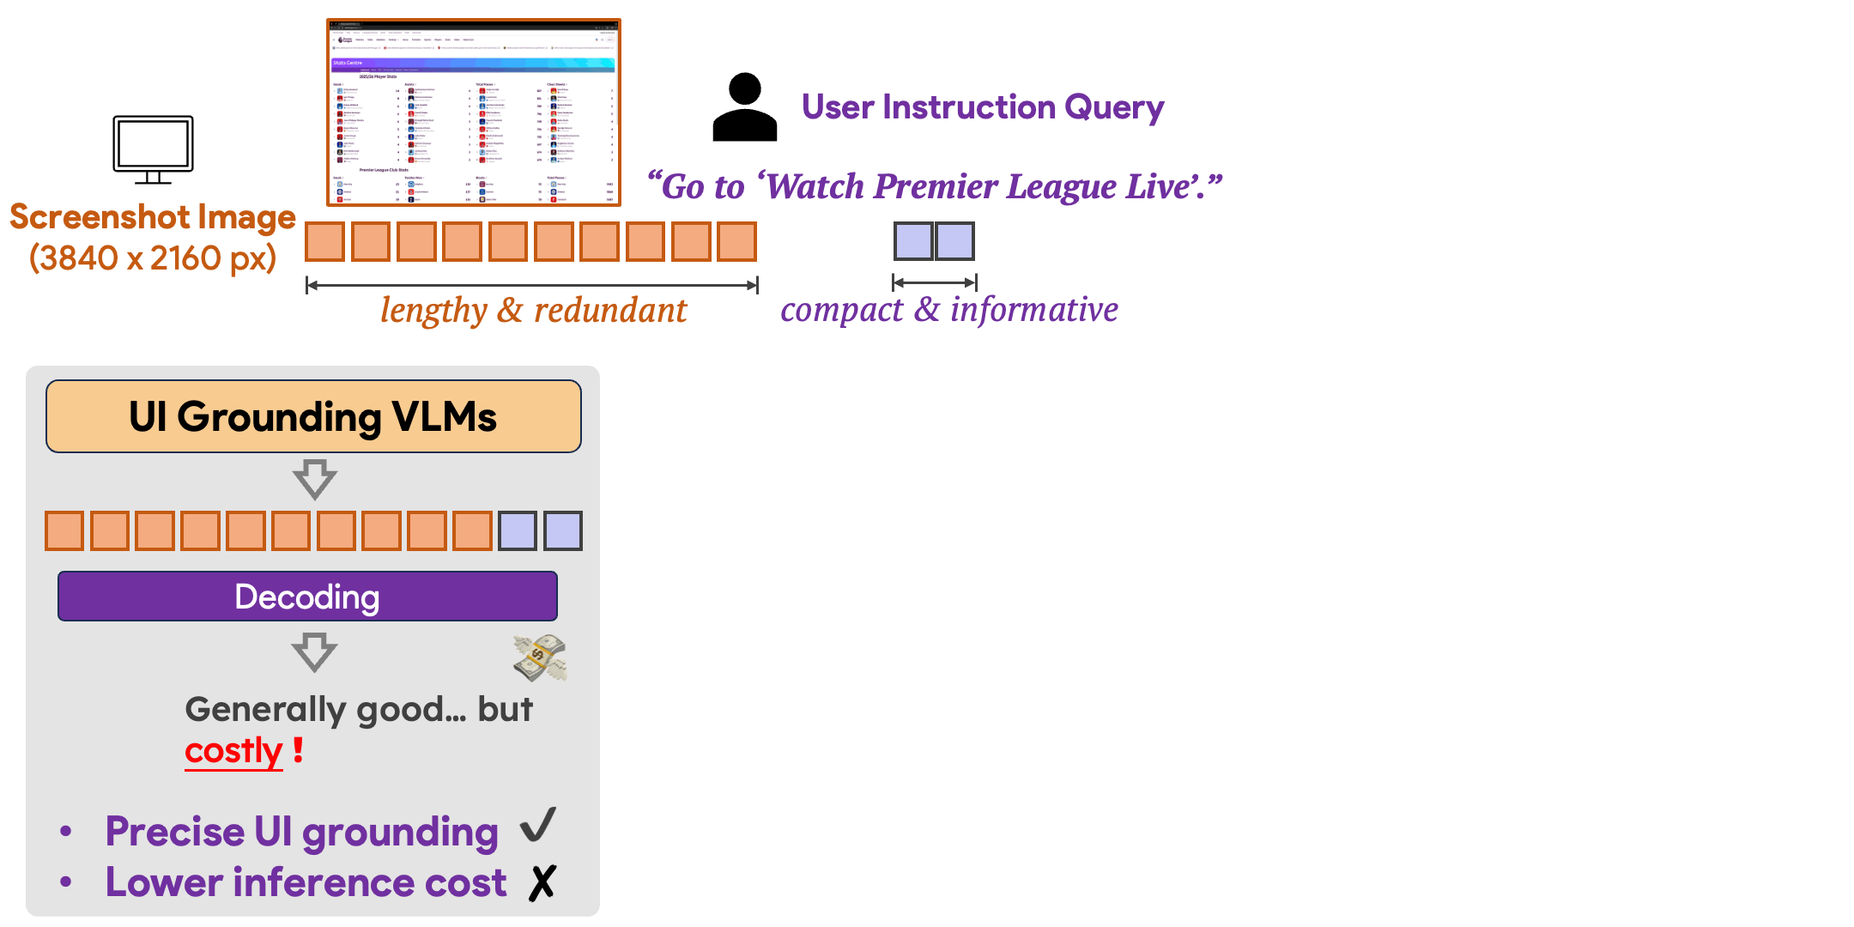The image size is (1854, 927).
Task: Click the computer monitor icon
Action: (x=153, y=148)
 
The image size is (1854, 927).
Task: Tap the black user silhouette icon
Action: (x=744, y=108)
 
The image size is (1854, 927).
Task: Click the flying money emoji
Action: (x=540, y=657)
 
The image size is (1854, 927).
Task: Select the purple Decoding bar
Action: (x=307, y=597)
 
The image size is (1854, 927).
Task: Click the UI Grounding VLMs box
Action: (x=313, y=416)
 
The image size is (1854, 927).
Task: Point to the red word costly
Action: (x=233, y=751)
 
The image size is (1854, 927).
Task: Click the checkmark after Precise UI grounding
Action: (x=538, y=826)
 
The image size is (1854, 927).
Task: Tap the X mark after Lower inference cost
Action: (x=542, y=882)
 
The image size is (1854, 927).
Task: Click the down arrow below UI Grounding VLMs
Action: (x=314, y=479)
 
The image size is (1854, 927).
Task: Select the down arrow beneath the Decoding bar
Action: (x=314, y=652)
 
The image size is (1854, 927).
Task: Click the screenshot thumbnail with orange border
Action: (x=473, y=113)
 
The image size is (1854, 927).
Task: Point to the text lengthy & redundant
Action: (x=533, y=311)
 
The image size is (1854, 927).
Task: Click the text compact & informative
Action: (x=948, y=310)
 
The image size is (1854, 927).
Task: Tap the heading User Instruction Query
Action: (x=982, y=107)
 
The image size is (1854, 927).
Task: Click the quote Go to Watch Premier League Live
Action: (x=934, y=186)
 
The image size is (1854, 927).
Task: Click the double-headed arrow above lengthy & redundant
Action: (x=532, y=285)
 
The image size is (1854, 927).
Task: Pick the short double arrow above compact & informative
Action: (x=934, y=282)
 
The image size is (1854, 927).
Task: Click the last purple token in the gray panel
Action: (x=563, y=530)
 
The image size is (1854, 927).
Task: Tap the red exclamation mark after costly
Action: (x=298, y=749)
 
